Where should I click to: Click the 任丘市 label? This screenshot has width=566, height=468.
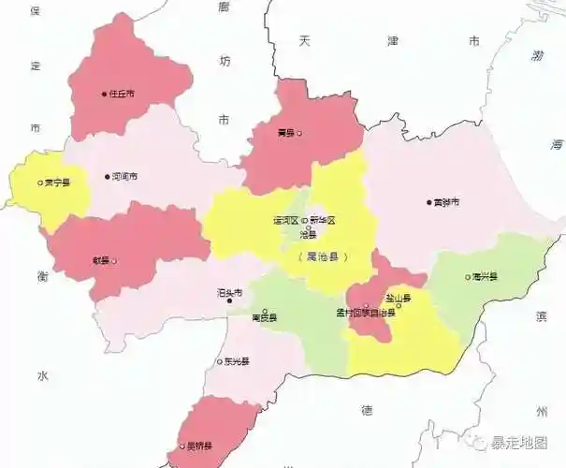point(123,94)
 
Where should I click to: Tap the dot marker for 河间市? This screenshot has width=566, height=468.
point(106,176)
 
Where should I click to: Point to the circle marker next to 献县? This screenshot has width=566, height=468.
point(114,261)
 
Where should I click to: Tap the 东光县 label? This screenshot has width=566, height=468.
point(236,362)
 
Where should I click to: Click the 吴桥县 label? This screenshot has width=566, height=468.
point(198,446)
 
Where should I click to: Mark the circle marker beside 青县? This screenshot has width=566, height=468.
point(300,133)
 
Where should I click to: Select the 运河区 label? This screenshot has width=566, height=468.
point(284,220)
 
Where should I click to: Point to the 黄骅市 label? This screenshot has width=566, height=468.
point(446,201)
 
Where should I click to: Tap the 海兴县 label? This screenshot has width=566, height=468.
point(485,277)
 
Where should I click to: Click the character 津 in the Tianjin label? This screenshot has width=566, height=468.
point(392,41)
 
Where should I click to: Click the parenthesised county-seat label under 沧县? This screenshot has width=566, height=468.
point(321,256)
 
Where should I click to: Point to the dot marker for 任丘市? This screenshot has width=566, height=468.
point(104,94)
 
